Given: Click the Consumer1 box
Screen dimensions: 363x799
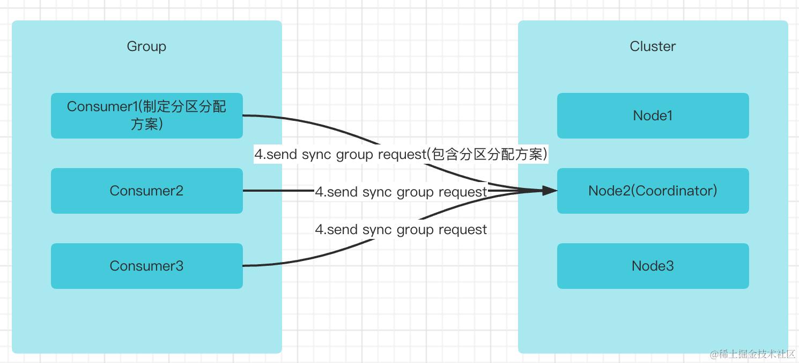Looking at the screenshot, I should point(146,115).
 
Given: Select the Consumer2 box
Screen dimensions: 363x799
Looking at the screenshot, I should point(146,191).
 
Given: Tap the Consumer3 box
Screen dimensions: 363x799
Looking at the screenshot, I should point(146,266).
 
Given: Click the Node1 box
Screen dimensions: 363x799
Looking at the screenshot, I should point(653,115).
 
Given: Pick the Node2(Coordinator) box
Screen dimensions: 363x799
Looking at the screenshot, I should point(653,191).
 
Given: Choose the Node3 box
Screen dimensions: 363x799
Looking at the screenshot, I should point(653,266).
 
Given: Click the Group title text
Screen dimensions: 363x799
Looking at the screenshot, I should point(146,46).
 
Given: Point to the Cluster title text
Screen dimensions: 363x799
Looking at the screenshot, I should point(653,46).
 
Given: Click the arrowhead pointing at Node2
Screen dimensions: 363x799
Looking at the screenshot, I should point(550,191).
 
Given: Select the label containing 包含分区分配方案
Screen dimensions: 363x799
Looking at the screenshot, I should point(401,155).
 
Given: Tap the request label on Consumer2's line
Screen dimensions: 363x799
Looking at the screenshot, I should point(401,192).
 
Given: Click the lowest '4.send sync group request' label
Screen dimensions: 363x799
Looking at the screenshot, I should point(401,230).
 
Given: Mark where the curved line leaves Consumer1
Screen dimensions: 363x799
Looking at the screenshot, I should point(246,115).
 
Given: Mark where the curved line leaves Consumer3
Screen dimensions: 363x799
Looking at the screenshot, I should point(246,266).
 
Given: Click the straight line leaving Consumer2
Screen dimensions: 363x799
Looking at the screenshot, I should point(279,191).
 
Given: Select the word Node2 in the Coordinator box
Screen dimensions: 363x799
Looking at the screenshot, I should point(606,191).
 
